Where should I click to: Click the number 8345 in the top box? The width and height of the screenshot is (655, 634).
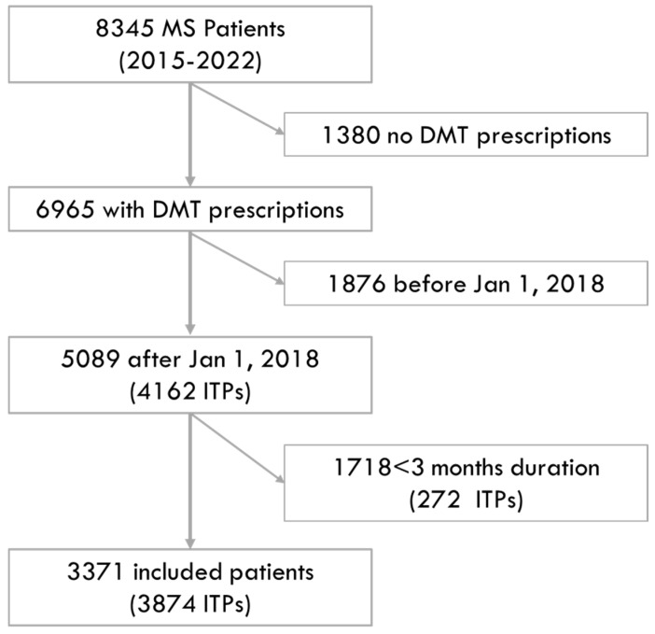tap(124, 29)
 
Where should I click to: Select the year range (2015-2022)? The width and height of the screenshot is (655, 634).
tap(190, 62)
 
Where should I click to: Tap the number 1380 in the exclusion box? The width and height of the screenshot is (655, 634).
tap(352, 135)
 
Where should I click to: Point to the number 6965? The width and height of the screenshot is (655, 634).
tap(65, 209)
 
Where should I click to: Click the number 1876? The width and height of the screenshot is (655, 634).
tap(357, 284)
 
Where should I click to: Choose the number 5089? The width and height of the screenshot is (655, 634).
tap(91, 359)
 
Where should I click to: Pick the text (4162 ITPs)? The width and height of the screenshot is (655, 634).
tap(190, 391)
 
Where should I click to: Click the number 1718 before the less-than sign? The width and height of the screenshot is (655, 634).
tap(362, 467)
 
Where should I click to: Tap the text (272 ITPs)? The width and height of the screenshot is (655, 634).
tap(466, 500)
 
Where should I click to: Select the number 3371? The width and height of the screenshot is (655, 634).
tap(95, 571)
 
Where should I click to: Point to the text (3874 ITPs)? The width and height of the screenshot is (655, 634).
tap(190, 604)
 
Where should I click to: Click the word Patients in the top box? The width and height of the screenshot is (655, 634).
tap(244, 29)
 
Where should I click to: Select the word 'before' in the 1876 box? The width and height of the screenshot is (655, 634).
tap(429, 284)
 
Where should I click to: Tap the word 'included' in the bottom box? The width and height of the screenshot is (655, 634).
tap(177, 571)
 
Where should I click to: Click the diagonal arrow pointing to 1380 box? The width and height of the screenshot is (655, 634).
tap(237, 109)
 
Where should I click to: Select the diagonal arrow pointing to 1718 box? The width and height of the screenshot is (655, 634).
tap(237, 448)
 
